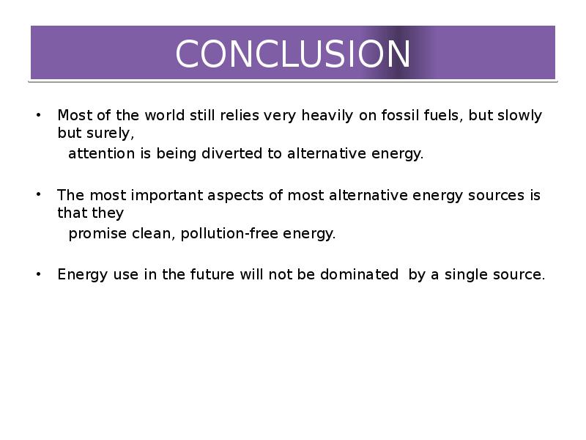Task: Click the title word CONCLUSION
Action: pyautogui.click(x=293, y=54)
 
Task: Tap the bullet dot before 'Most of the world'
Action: pyautogui.click(x=39, y=115)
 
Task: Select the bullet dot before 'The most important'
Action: pyautogui.click(x=39, y=194)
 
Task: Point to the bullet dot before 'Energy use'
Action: pyautogui.click(x=39, y=274)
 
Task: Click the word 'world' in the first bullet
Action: pyautogui.click(x=165, y=115)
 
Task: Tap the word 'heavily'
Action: pyautogui.click(x=327, y=116)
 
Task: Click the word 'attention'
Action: pyautogui.click(x=102, y=154)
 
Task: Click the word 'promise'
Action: pyautogui.click(x=98, y=234)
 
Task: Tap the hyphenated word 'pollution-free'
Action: pyautogui.click(x=229, y=234)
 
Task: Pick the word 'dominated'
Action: pyautogui.click(x=359, y=274)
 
